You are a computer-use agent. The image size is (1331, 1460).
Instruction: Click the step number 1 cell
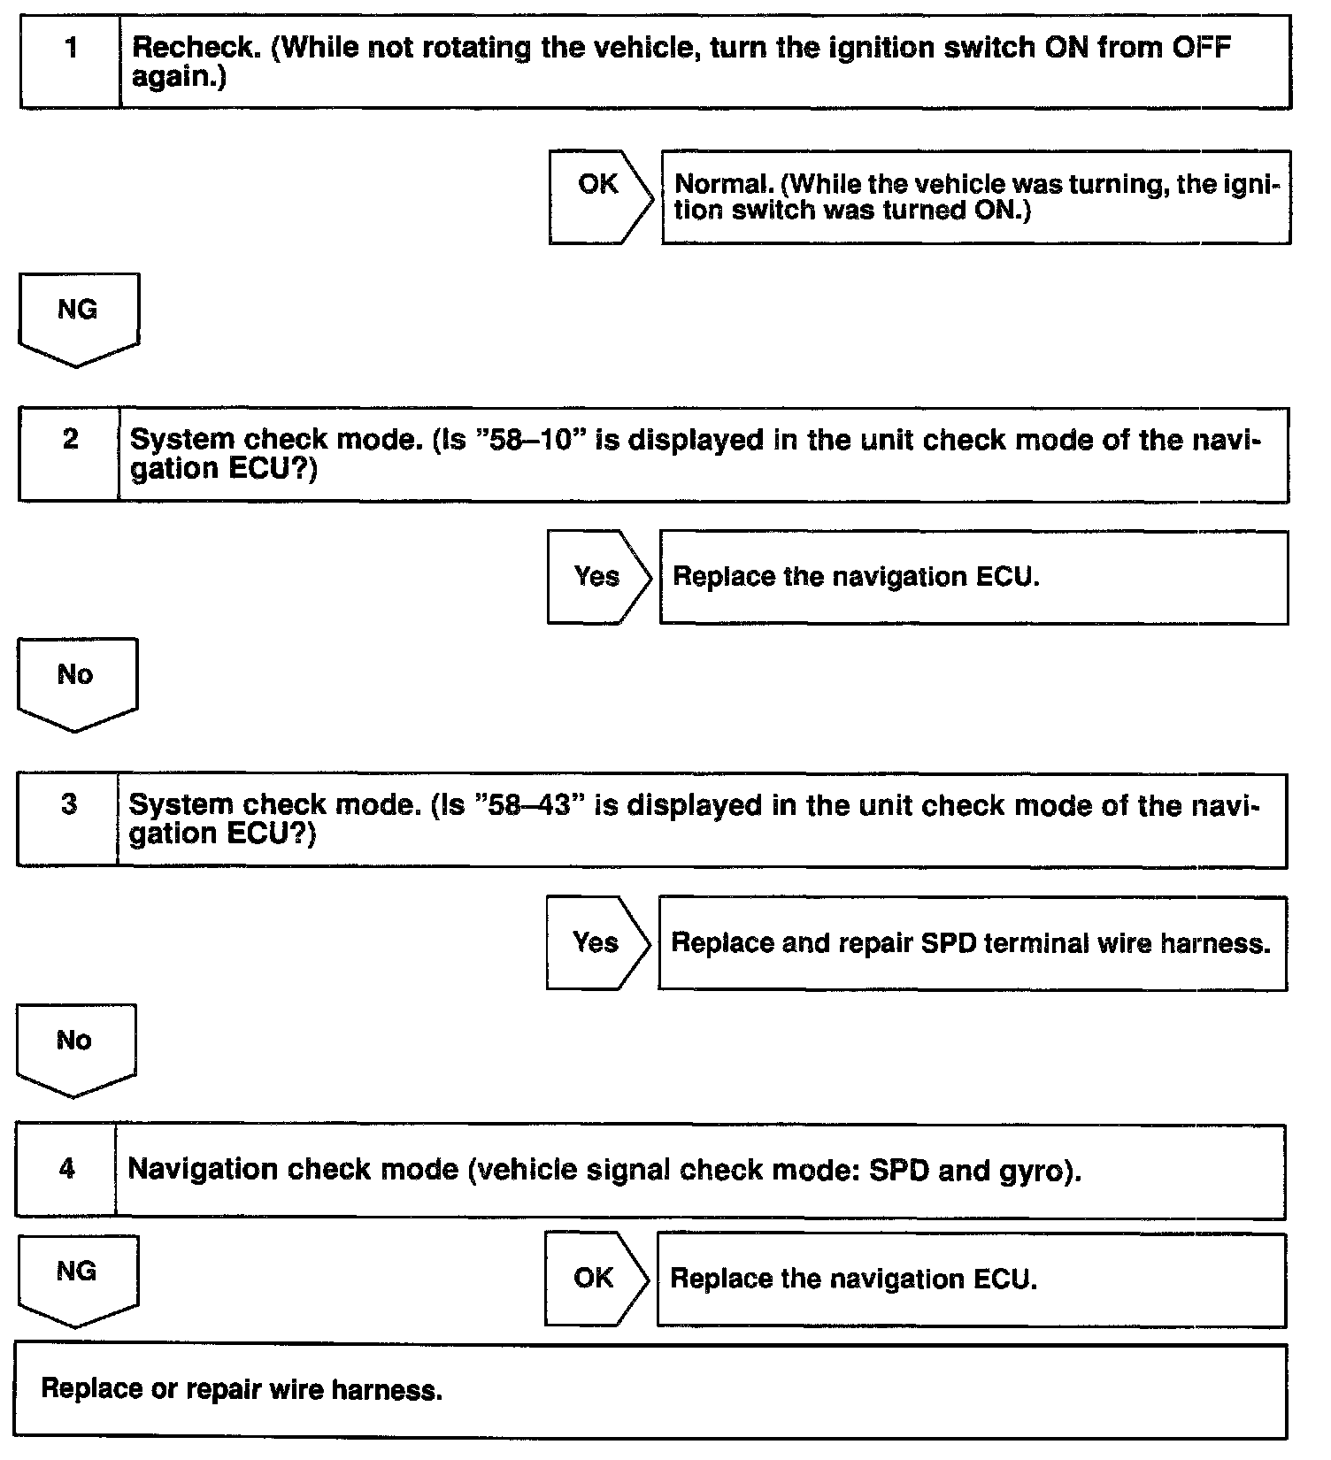point(71,62)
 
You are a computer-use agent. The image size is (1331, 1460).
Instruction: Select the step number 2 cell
point(69,454)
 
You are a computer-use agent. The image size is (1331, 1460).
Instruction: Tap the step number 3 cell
point(68,819)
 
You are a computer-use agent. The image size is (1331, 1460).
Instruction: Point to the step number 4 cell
point(66,1170)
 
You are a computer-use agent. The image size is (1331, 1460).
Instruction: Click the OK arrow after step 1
point(599,196)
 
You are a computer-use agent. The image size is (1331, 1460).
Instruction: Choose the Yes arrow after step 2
point(597,577)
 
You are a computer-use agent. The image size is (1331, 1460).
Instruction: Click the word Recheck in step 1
point(196,48)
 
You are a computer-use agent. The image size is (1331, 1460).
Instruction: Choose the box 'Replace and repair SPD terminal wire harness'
point(972,943)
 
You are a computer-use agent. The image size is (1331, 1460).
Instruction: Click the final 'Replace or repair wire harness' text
point(242,1389)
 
